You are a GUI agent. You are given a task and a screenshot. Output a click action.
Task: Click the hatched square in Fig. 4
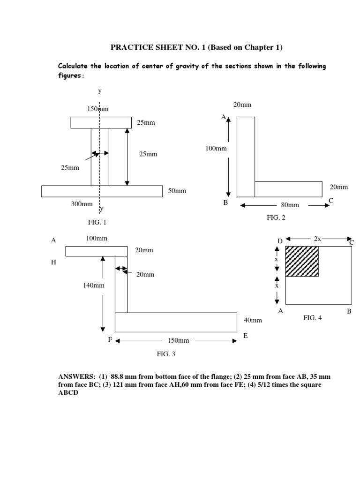[302, 261]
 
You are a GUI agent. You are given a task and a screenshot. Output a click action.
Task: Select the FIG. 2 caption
[276, 217]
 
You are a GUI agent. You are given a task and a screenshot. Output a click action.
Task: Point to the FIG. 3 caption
[166, 354]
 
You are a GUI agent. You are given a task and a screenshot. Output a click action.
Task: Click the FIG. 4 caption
[312, 318]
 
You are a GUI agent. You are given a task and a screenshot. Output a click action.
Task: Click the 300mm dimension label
[82, 204]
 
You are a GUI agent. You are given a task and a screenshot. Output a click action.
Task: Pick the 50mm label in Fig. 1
[177, 191]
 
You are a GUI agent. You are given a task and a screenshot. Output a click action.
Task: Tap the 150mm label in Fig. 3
[179, 341]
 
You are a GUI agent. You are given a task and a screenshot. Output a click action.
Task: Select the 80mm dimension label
[290, 205]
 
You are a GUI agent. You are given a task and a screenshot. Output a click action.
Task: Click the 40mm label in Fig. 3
[253, 320]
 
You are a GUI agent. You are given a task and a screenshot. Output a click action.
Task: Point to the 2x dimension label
[317, 239]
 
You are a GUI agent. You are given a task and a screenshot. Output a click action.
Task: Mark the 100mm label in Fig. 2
[216, 149]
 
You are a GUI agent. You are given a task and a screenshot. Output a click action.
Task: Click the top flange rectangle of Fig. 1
[101, 122]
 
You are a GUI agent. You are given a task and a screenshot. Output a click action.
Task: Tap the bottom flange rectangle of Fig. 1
[102, 191]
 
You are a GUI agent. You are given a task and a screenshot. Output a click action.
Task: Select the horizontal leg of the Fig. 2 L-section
[288, 189]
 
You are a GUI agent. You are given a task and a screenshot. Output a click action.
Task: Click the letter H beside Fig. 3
[53, 262]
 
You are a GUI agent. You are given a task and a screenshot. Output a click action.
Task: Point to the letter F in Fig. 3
[110, 339]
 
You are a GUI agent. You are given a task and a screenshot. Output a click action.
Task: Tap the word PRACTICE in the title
[128, 47]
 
